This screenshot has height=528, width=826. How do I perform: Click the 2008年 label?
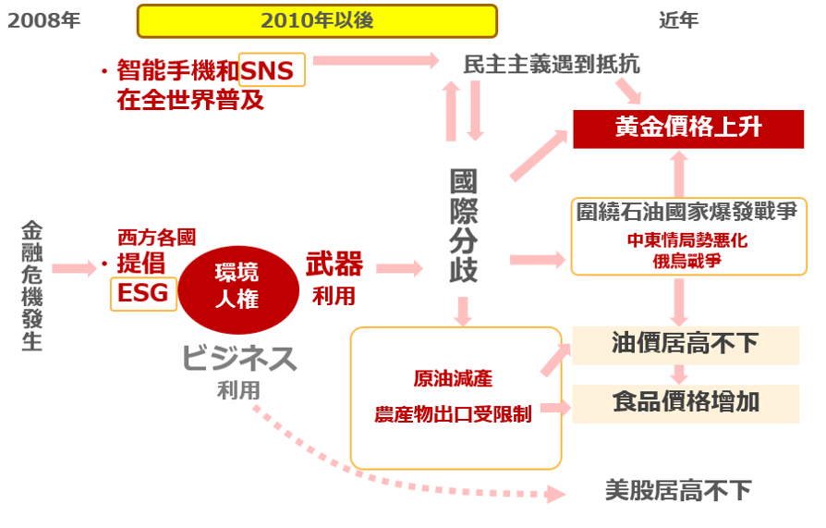(44, 19)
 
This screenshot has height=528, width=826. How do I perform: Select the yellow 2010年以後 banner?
(317, 20)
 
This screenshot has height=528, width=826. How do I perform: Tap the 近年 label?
(678, 19)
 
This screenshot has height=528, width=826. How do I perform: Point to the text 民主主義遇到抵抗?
(552, 65)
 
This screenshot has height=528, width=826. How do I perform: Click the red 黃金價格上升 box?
(688, 128)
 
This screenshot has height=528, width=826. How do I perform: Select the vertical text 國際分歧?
(463, 227)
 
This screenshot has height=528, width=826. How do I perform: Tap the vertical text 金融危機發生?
(31, 286)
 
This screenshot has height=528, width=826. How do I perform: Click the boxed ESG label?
(143, 293)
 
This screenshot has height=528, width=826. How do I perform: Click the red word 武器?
(334, 265)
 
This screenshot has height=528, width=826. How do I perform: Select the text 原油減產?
(453, 379)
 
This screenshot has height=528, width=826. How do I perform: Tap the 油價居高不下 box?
(685, 345)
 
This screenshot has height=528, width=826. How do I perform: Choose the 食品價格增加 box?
(685, 402)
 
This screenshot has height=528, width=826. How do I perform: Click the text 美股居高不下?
(678, 489)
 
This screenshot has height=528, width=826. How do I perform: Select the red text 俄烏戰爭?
(686, 261)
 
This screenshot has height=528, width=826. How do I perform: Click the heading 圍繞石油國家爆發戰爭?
(686, 214)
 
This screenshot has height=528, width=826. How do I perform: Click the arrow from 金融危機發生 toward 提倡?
(74, 269)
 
